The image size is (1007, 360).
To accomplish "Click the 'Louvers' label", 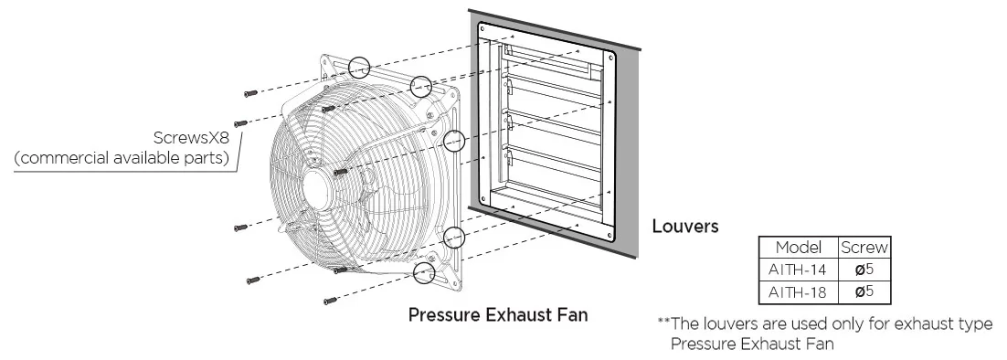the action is click(685, 226).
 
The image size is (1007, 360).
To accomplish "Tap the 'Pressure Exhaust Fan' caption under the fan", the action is click(498, 315).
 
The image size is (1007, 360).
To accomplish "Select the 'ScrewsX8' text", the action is click(191, 137).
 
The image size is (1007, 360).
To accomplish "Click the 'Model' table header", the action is click(799, 247).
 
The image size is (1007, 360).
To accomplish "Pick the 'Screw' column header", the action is click(864, 247).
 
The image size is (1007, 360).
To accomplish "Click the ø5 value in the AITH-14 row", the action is click(864, 270).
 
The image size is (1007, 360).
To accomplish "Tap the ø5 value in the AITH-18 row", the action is click(864, 292).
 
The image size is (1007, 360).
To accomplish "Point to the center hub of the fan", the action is click(319, 189).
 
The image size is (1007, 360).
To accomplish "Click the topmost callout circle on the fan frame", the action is click(359, 66).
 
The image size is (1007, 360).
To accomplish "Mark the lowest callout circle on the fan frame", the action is click(423, 272).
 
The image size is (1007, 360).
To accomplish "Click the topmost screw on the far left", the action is click(250, 94).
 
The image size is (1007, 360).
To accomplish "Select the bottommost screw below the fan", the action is click(330, 301).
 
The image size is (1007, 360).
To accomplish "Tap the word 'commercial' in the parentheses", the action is click(64, 158).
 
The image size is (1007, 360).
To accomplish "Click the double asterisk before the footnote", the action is click(664, 322).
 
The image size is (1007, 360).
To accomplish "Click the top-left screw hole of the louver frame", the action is click(482, 29).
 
